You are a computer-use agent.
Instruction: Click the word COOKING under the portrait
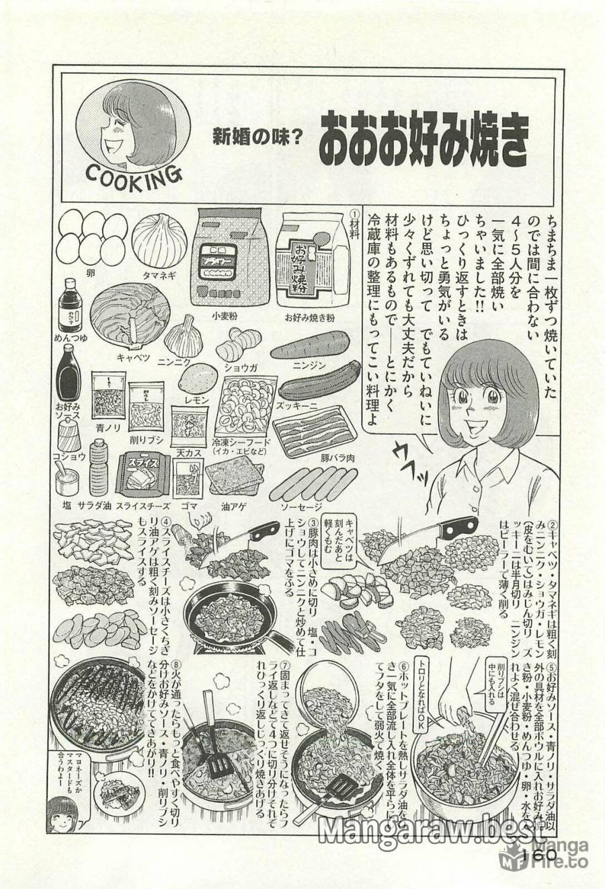[x=134, y=178]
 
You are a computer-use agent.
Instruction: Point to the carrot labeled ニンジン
[x=310, y=346]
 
